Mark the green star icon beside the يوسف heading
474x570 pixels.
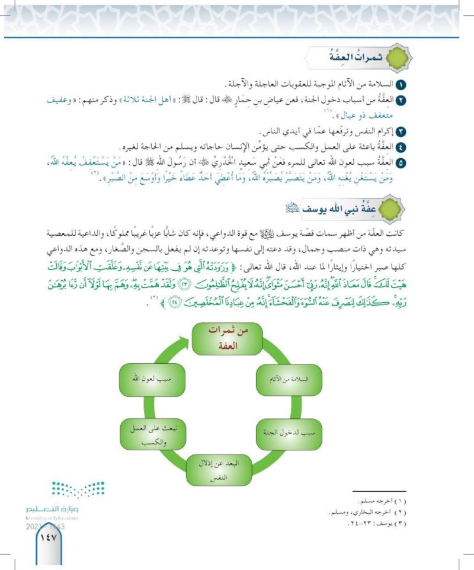tap(392, 209)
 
